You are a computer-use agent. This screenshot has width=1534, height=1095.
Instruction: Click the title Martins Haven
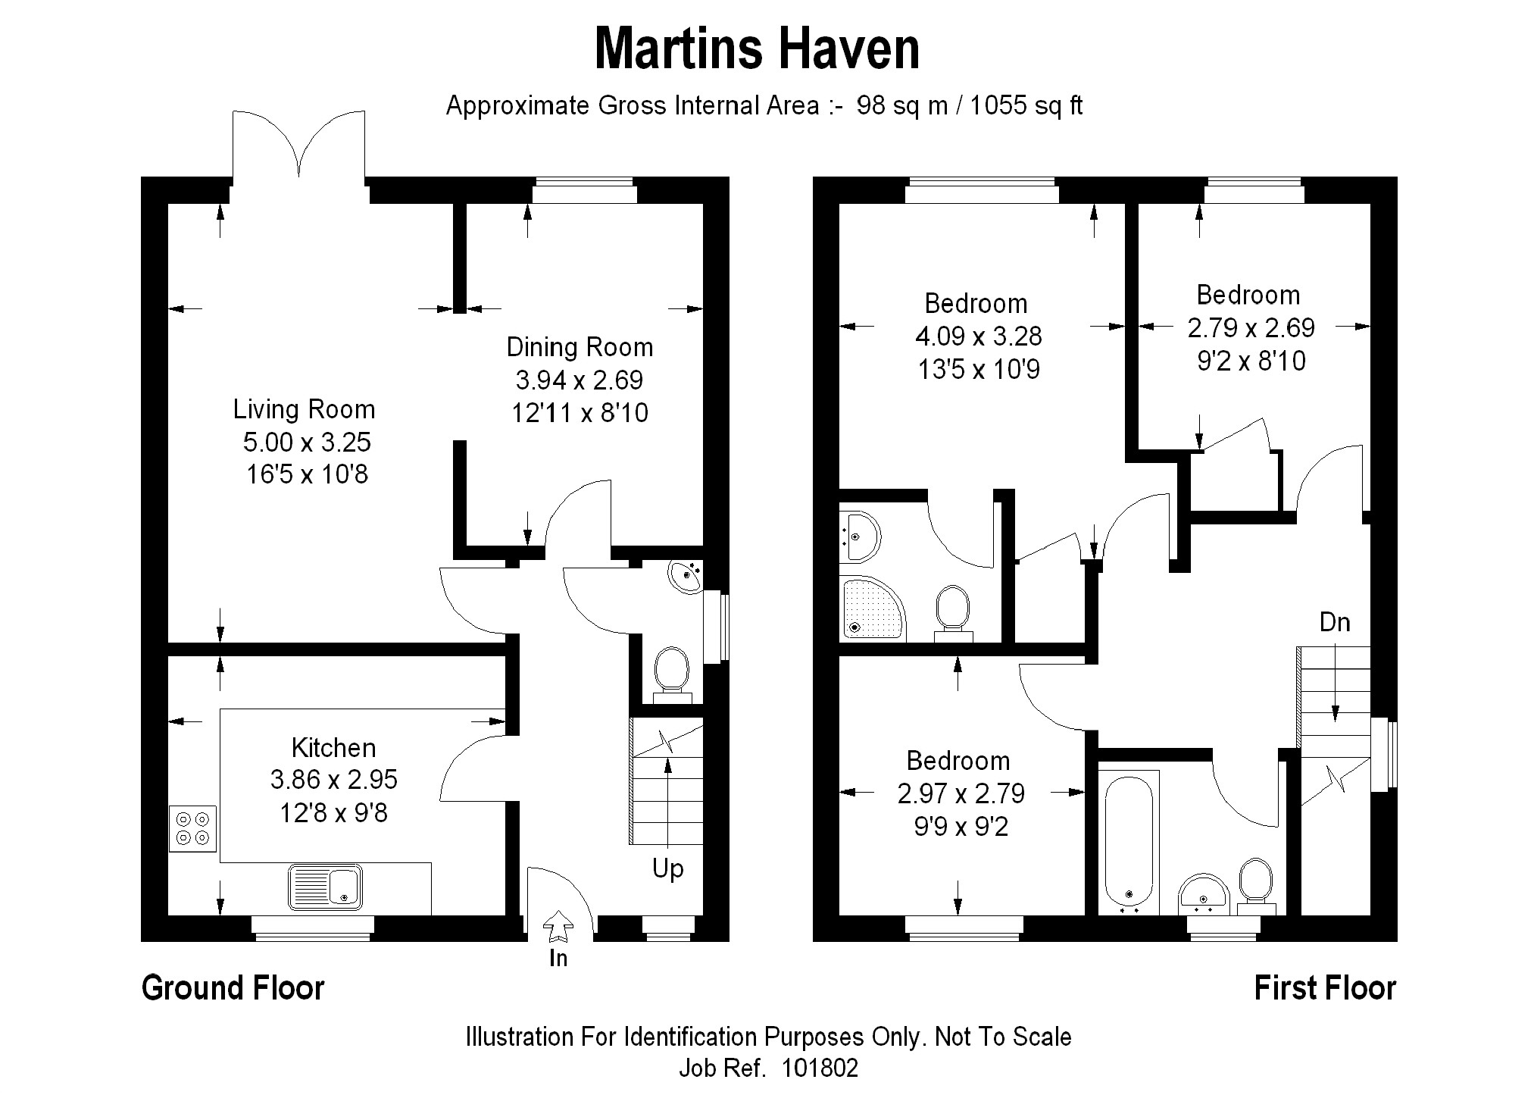(757, 48)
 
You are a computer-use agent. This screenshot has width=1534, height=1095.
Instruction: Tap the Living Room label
(304, 409)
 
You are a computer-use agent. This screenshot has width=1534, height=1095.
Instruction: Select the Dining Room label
(580, 347)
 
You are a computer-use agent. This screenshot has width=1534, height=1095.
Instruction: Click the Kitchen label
(333, 748)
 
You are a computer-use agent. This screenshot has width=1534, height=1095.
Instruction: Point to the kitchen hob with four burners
(192, 828)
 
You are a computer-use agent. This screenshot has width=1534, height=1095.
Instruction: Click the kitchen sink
(325, 887)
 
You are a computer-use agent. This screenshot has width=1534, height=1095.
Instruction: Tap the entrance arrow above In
(558, 925)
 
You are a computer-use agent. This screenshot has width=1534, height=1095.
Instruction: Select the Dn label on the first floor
(1335, 622)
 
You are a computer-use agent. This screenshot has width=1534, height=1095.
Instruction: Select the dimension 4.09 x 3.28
(979, 336)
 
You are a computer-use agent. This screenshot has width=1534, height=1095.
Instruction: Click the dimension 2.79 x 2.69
(1251, 328)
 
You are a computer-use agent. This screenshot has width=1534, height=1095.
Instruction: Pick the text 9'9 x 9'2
(961, 827)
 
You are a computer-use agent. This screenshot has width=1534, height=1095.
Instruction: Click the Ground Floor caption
(233, 988)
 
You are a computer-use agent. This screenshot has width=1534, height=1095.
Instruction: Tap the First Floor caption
(1325, 988)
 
